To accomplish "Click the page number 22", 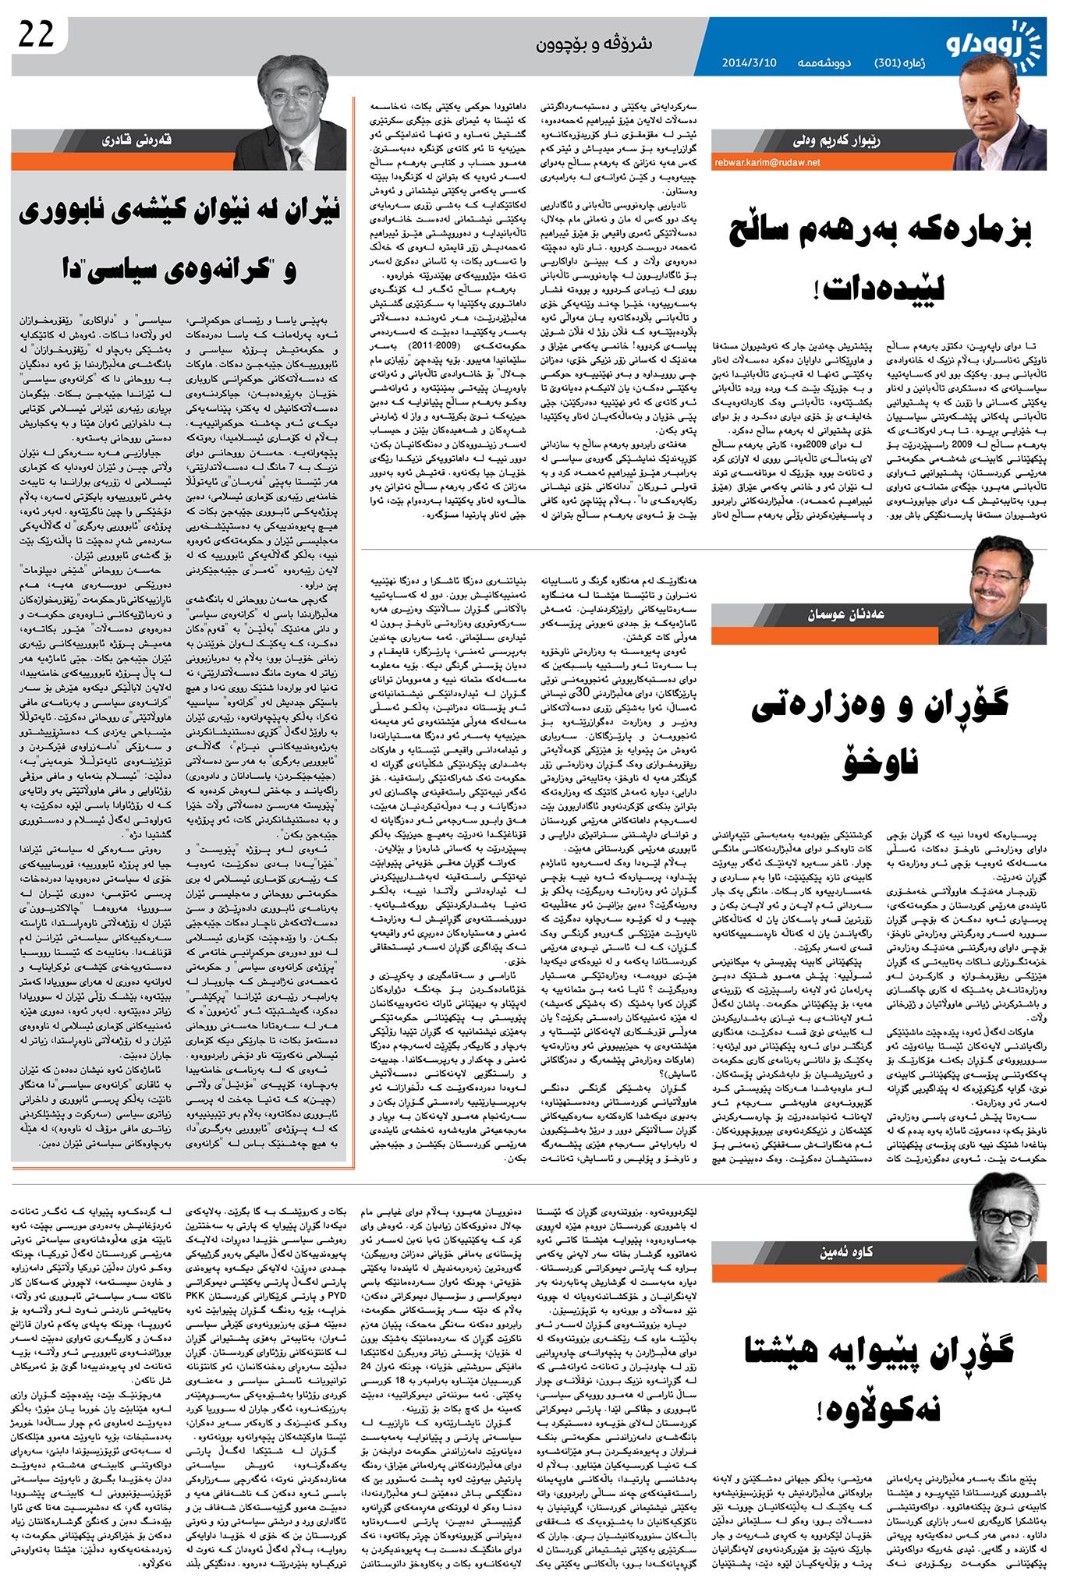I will [35, 35].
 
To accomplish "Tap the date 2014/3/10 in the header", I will [749, 62].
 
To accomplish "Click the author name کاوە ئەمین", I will [845, 1252].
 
